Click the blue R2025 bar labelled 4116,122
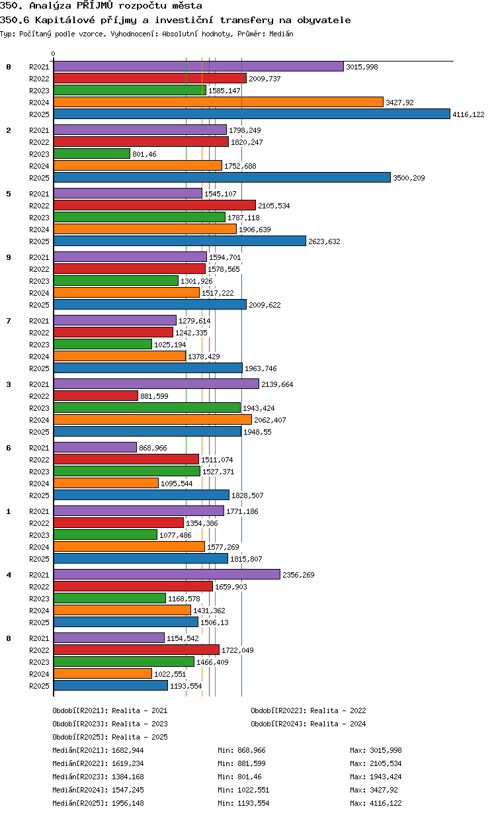[x=251, y=114]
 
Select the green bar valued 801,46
[x=92, y=154]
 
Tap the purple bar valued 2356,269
[x=167, y=575]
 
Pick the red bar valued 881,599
[x=96, y=396]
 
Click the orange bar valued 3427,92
[x=218, y=103]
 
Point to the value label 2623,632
[x=324, y=241]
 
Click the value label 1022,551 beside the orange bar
[x=170, y=674]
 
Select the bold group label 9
[x=9, y=257]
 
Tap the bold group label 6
[x=9, y=448]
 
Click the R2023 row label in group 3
[x=39, y=408]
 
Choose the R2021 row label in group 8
[x=39, y=638]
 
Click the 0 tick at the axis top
[x=54, y=54]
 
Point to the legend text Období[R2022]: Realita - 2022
[x=308, y=710]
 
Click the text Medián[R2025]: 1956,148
[x=98, y=803]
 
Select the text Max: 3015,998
[x=376, y=750]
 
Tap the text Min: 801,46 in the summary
[x=239, y=777]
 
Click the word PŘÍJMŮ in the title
[x=95, y=5]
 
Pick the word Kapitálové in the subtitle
[x=65, y=20]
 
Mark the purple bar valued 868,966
[x=95, y=448]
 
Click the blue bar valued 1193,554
[x=111, y=686]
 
